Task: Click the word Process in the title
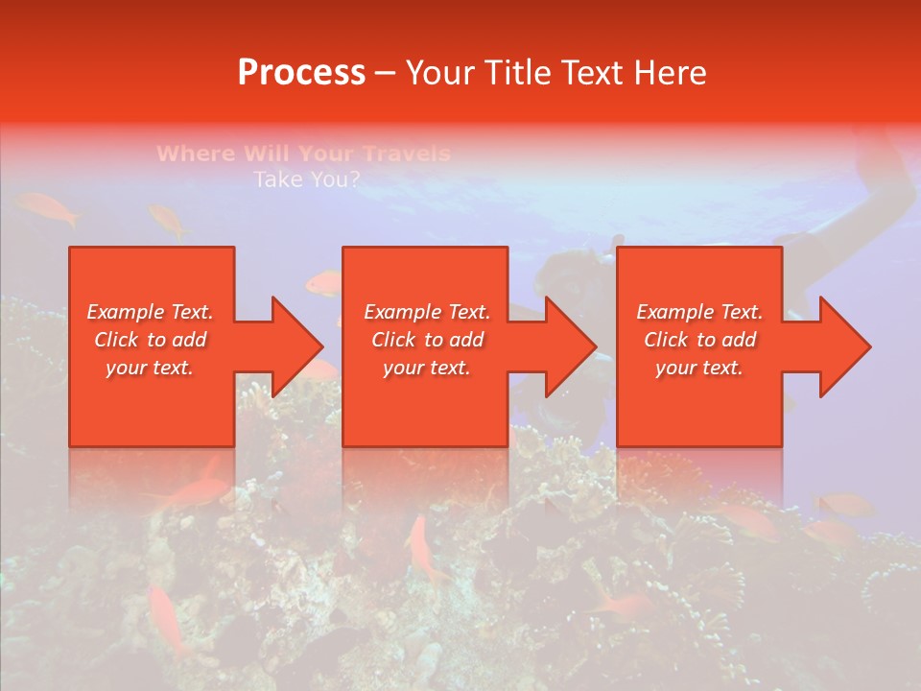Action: (301, 73)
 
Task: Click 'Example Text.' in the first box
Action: (151, 312)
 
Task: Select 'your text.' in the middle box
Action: (426, 368)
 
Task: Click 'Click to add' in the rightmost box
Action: (699, 340)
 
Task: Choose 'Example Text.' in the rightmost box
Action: (699, 312)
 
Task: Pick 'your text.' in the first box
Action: (151, 368)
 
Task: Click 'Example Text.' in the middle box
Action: (426, 312)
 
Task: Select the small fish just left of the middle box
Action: (323, 283)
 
